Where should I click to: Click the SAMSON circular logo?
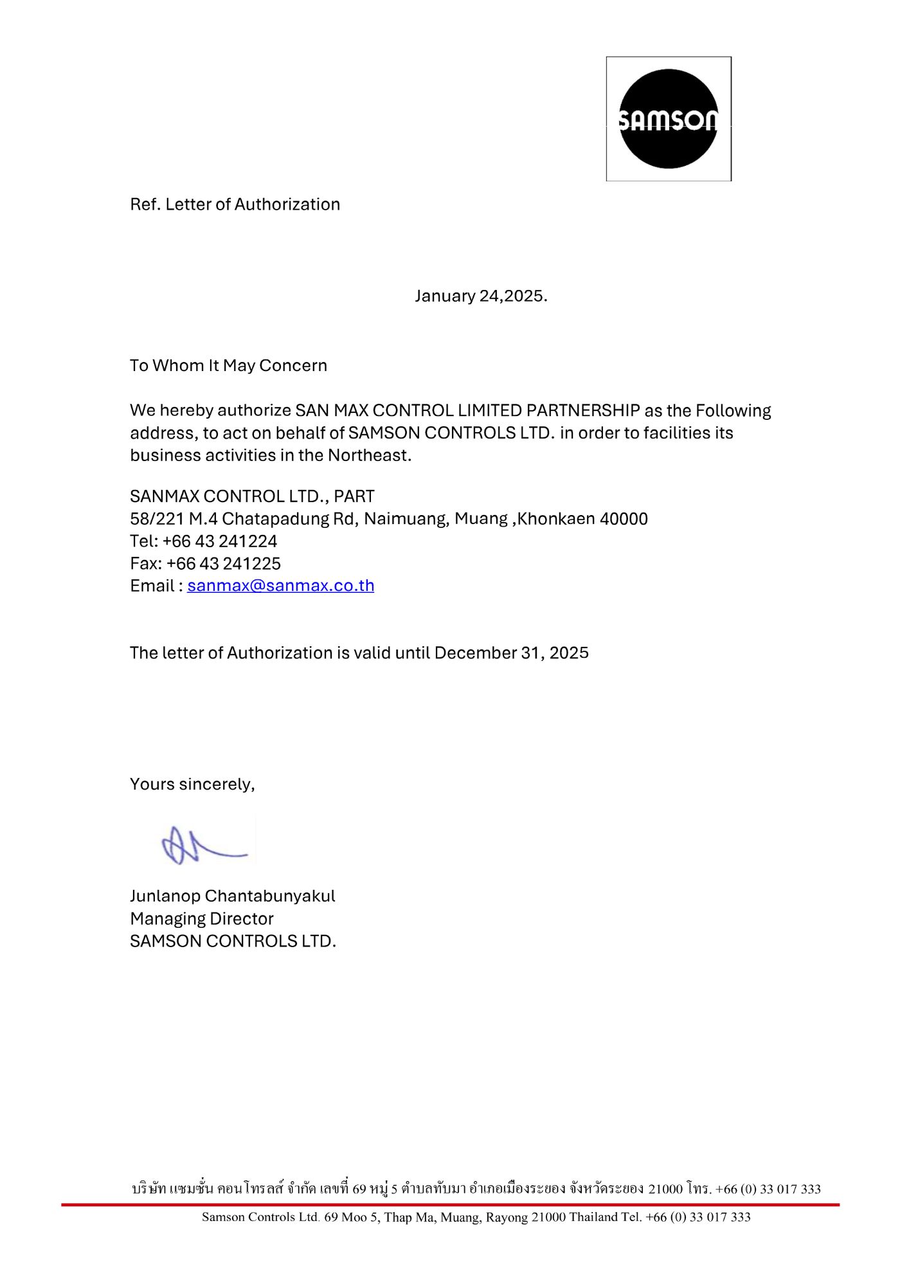(x=668, y=119)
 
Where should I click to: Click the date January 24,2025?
(x=481, y=296)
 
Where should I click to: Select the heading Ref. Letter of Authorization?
(x=235, y=204)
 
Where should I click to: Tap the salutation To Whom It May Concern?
(x=228, y=365)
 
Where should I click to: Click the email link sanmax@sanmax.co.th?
(x=280, y=586)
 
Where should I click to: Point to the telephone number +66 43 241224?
(x=220, y=541)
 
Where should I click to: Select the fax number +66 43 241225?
(x=224, y=564)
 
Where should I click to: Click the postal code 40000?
(x=624, y=519)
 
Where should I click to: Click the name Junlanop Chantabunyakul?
(x=232, y=896)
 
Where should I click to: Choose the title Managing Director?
(x=201, y=919)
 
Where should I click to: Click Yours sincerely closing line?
(x=192, y=784)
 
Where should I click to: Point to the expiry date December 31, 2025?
(x=511, y=653)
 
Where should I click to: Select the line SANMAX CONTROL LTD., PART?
(x=252, y=496)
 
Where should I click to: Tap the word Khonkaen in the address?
(x=556, y=519)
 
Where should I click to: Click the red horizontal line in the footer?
(x=450, y=1204)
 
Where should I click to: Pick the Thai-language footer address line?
(x=476, y=1188)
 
